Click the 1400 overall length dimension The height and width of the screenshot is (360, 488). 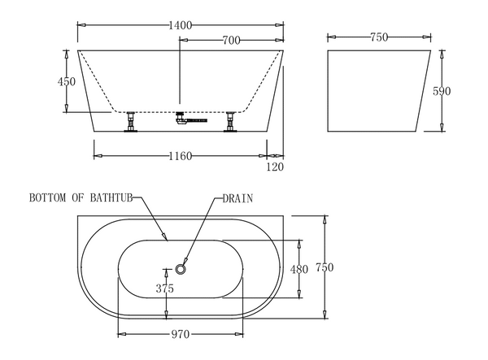[x=180, y=26]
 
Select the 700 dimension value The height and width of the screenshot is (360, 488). [x=231, y=39]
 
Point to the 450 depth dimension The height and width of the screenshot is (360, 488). [x=68, y=81]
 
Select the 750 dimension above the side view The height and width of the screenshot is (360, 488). [x=377, y=37]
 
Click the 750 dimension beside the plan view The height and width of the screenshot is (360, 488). [x=325, y=267]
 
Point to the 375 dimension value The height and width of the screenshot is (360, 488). [x=165, y=288]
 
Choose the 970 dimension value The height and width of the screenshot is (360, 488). [x=181, y=334]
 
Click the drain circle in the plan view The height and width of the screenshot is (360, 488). [x=181, y=268]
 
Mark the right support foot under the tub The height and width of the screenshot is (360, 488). [x=232, y=122]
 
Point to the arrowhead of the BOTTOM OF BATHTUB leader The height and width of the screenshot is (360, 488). [x=165, y=238]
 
